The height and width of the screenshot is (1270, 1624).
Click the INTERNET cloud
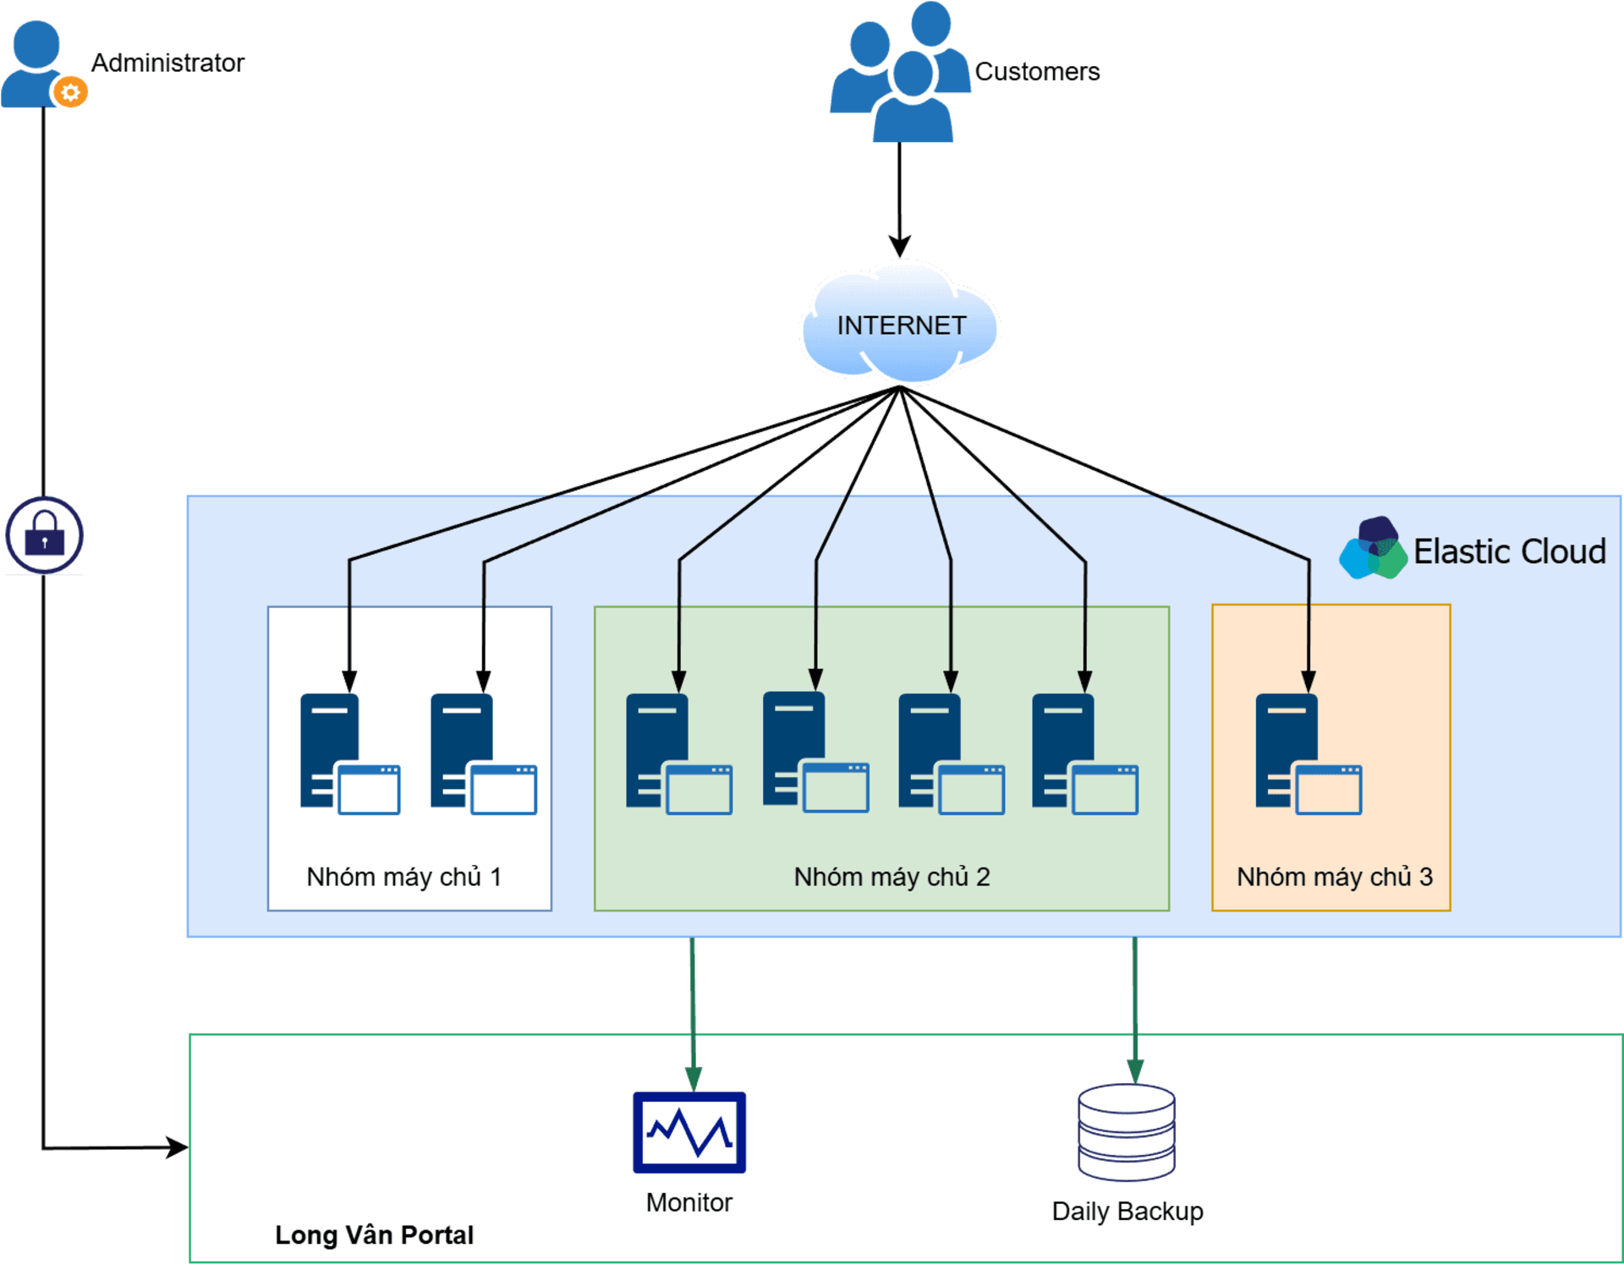(x=900, y=325)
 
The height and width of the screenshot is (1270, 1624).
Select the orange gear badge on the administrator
(x=71, y=92)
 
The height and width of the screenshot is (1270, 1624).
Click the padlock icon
(x=45, y=536)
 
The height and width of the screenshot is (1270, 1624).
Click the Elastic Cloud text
(x=1509, y=551)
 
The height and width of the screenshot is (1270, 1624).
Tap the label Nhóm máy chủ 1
(x=404, y=877)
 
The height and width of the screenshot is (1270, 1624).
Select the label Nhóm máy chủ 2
(x=892, y=877)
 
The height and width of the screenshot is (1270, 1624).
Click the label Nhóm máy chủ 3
(x=1334, y=877)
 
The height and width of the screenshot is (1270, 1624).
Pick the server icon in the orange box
(x=1308, y=753)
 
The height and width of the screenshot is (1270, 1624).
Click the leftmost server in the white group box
(x=349, y=753)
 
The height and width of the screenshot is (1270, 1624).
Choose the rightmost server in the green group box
(x=1084, y=753)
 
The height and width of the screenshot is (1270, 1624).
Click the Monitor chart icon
(x=689, y=1132)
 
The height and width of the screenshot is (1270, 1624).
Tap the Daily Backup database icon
(x=1127, y=1132)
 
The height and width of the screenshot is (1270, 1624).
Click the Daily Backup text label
(x=1127, y=1211)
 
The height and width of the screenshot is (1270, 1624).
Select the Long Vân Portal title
(x=374, y=1234)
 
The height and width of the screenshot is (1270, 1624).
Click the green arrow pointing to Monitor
(x=693, y=1015)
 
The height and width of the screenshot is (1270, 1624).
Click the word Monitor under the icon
(x=689, y=1202)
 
